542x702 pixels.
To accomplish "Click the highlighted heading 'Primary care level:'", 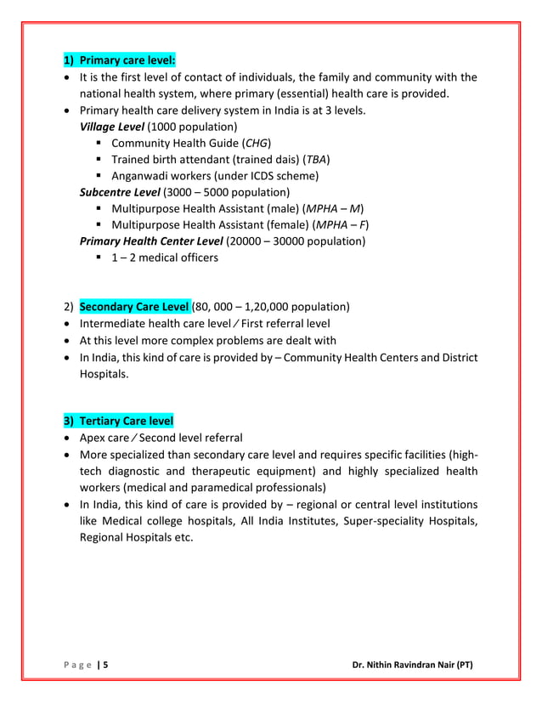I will (x=127, y=60).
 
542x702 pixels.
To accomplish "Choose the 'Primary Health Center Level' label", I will (x=150, y=241).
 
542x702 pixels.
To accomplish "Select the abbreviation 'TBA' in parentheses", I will (x=316, y=159).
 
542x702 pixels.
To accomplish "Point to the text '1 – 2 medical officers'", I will (x=164, y=257).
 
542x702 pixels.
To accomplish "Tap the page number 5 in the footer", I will (x=106, y=665).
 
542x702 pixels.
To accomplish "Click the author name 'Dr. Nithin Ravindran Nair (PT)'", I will (x=413, y=665).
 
